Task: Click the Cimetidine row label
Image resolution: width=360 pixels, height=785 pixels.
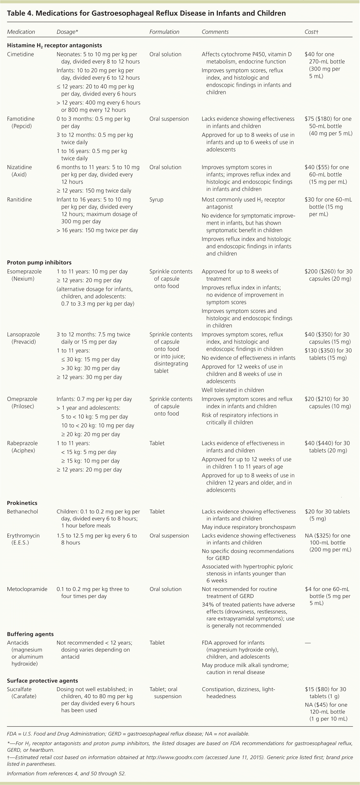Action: coord(20,54)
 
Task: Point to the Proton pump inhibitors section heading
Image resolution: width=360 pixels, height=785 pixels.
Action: coord(39,262)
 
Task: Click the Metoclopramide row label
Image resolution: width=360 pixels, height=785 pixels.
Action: coord(27,589)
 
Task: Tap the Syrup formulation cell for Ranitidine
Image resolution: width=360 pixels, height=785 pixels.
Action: coord(156,200)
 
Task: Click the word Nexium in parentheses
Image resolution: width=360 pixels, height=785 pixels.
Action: coord(23,279)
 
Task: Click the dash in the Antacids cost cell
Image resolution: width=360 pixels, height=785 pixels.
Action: coord(308,643)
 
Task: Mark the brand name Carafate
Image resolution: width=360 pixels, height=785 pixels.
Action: coord(24,696)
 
